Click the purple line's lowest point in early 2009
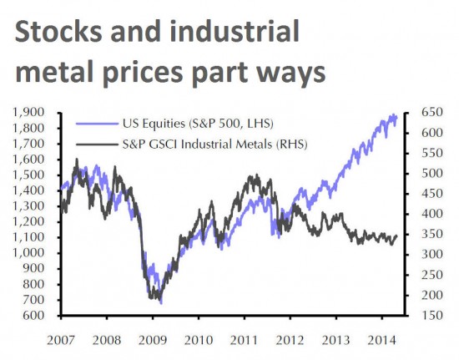pyautogui.click(x=160, y=302)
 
